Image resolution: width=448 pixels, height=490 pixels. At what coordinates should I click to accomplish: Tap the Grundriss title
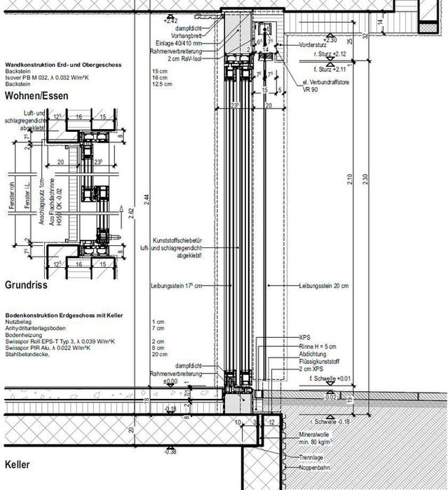[27, 287]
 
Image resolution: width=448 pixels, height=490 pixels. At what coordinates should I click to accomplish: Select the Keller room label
[18, 465]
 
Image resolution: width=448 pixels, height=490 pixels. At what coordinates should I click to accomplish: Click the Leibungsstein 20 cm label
[323, 286]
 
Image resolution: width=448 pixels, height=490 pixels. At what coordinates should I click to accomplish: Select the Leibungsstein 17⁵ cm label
[176, 286]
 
